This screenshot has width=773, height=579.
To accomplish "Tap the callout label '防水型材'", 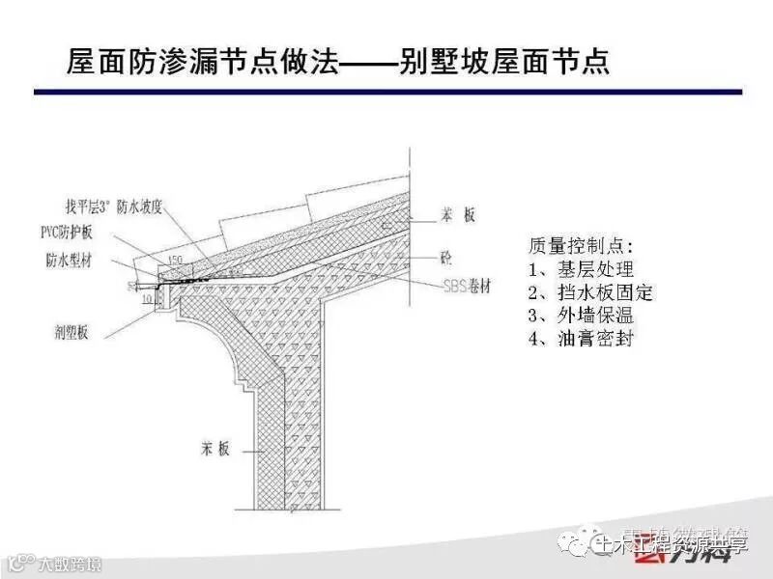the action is pyautogui.click(x=69, y=262).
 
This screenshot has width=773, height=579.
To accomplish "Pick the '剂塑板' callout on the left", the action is pyautogui.click(x=71, y=332).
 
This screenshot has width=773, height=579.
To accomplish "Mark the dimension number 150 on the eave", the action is pyautogui.click(x=175, y=260).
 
